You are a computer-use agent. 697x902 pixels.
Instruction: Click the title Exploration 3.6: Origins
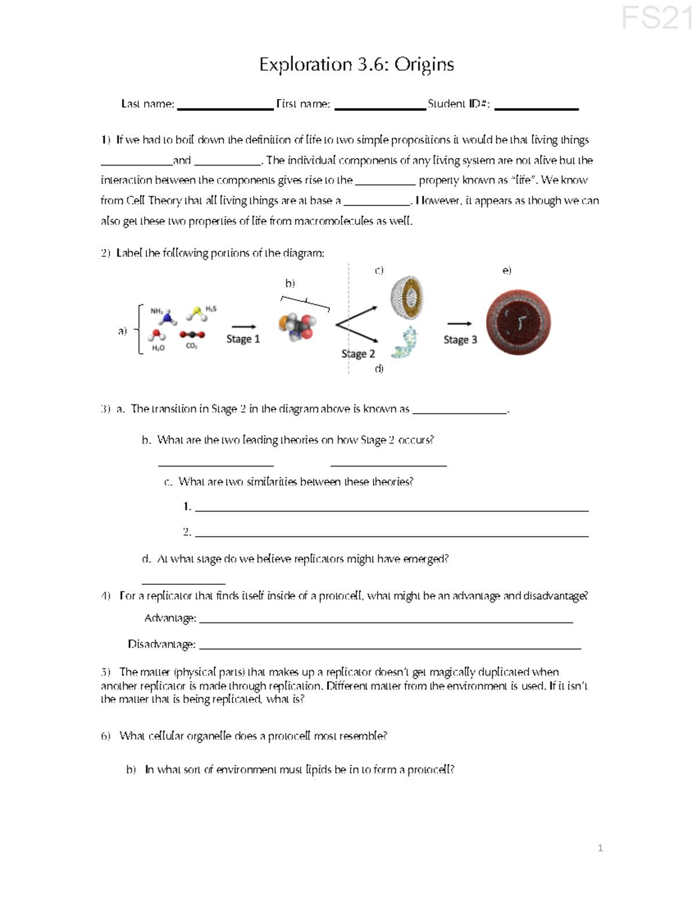(x=356, y=64)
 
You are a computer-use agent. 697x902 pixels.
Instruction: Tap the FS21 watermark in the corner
(x=658, y=18)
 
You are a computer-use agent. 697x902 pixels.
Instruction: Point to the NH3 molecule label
(x=157, y=311)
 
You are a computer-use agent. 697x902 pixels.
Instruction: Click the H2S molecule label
(x=211, y=308)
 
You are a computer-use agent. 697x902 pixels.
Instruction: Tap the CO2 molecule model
(x=192, y=335)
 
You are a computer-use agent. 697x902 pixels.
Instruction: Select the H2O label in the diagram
(x=158, y=348)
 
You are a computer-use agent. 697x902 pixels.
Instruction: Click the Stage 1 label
(x=243, y=339)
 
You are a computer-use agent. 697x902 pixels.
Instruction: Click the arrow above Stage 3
(x=459, y=324)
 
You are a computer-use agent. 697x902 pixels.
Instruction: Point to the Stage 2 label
(x=358, y=354)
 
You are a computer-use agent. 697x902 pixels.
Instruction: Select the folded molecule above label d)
(x=404, y=342)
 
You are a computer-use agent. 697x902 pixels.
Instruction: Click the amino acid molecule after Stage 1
(x=297, y=326)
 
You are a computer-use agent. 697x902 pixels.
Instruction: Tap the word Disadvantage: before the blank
(x=161, y=644)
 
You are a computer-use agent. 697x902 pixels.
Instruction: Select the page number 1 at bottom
(x=600, y=848)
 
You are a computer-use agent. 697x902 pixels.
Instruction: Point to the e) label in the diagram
(x=506, y=271)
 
